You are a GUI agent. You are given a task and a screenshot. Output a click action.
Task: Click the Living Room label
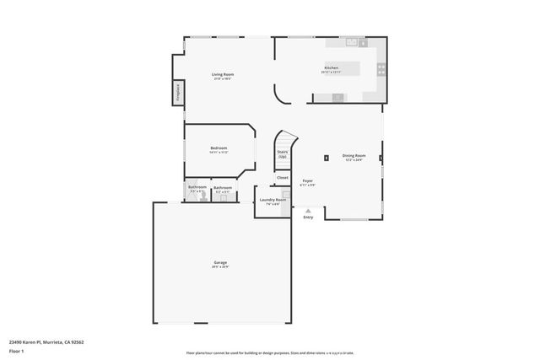[223, 74]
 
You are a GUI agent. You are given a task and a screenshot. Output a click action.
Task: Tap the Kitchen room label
[332, 67]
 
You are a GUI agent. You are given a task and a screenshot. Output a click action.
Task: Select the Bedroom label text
[219, 148]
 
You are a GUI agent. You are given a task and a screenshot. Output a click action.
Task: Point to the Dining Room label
[354, 155]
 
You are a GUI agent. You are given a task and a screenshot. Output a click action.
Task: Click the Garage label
[219, 263]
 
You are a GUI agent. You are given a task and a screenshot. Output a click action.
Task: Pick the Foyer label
[308, 181]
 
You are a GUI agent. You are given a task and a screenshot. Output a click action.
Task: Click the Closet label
[283, 178]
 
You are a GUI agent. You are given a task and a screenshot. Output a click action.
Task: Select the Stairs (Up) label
[283, 154]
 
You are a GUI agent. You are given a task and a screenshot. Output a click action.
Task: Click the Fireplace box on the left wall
[178, 93]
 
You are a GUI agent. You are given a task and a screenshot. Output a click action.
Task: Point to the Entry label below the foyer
[308, 218]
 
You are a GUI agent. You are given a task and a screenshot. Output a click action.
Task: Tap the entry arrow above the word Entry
[308, 211]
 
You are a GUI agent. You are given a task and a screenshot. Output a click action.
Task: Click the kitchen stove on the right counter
[381, 69]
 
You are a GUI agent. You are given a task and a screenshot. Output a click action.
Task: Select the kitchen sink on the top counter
[354, 40]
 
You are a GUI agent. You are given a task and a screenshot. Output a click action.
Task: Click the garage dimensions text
[219, 268]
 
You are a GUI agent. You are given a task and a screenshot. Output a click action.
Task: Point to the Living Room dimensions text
[223, 79]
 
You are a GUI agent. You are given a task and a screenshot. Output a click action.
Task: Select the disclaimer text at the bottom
[270, 353]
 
